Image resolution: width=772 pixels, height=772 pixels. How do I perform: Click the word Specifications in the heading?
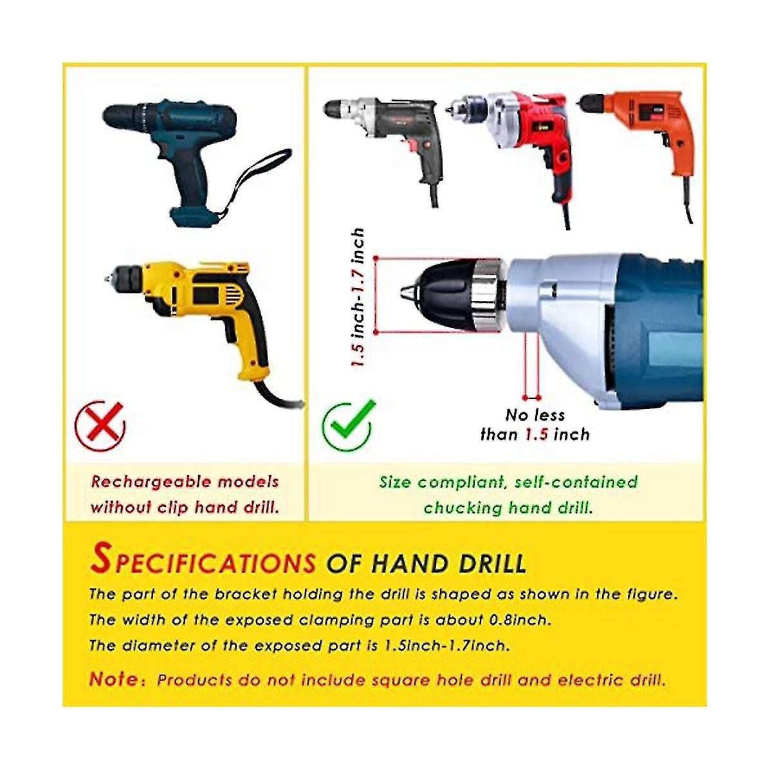tap(203, 560)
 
